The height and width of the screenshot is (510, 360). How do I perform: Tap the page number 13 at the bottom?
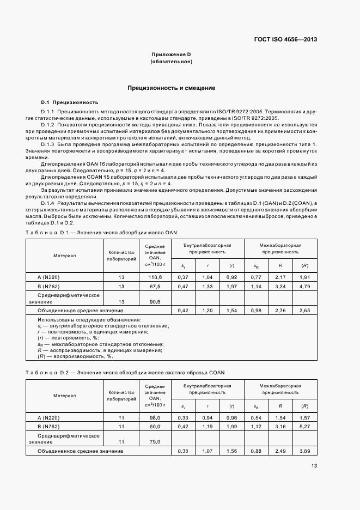(x=314, y=465)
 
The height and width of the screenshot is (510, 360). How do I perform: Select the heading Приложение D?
(x=171, y=55)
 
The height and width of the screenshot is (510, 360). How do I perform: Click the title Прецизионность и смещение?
(x=171, y=88)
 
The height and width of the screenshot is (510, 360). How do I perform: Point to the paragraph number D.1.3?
(x=48, y=143)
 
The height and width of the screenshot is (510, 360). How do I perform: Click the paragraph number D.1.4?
(x=48, y=202)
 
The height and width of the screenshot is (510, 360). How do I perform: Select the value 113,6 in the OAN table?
(x=155, y=277)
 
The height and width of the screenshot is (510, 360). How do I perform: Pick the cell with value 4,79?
(x=304, y=286)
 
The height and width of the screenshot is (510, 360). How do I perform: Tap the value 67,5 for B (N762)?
(x=155, y=286)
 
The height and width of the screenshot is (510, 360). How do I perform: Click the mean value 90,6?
(x=155, y=301)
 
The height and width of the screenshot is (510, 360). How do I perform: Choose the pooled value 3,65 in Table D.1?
(x=304, y=310)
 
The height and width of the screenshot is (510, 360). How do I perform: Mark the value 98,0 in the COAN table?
(x=155, y=417)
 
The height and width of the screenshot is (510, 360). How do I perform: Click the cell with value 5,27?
(x=304, y=426)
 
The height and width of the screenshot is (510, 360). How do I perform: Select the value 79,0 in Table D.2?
(x=155, y=441)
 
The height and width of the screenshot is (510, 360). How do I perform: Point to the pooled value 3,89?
(x=304, y=451)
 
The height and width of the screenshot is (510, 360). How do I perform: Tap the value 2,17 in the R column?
(x=280, y=277)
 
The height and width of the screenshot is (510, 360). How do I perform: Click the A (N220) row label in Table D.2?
(x=48, y=417)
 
